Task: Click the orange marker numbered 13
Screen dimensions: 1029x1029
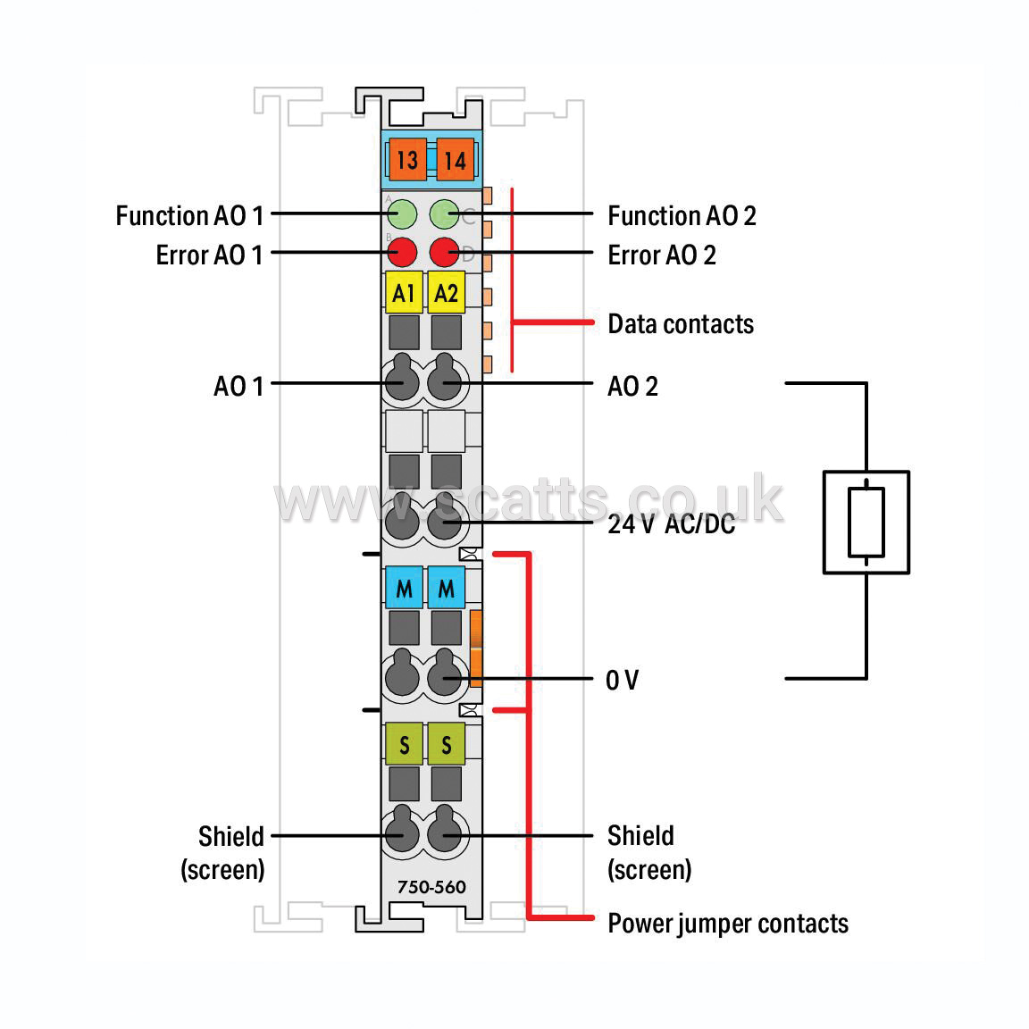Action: (407, 160)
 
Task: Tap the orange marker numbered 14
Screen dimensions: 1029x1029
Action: (455, 160)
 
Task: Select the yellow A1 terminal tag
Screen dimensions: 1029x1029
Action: (404, 292)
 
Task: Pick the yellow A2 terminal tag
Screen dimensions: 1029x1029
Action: (447, 292)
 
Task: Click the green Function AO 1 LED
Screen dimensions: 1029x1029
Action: (402, 214)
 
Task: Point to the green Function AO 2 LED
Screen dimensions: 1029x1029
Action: (444, 214)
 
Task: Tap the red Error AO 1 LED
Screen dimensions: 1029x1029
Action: (402, 252)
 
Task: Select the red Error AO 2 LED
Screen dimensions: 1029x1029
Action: (444, 252)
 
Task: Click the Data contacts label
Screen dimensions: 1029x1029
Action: (681, 324)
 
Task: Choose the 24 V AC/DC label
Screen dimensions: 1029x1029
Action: (672, 524)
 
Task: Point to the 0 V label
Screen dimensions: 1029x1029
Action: (622, 680)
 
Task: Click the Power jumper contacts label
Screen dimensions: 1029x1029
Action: (728, 924)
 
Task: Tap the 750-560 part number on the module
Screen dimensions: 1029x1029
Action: (431, 887)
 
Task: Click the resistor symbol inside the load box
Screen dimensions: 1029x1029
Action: (866, 523)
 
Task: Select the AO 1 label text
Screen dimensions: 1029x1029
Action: (238, 387)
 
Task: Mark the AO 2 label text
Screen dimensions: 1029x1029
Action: (632, 387)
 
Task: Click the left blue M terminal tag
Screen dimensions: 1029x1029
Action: (404, 588)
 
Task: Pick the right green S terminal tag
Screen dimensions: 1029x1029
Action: (447, 743)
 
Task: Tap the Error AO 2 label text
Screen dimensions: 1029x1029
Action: (662, 255)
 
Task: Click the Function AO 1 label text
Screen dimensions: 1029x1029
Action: (189, 216)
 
